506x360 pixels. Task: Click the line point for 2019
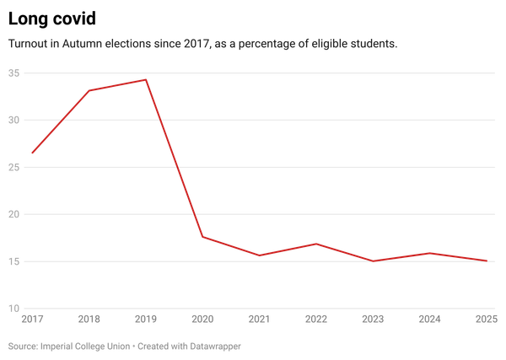click(x=146, y=79)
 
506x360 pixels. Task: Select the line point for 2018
click(x=89, y=90)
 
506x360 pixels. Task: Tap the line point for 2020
click(x=202, y=237)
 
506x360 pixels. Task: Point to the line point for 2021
click(x=260, y=255)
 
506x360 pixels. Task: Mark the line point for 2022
click(x=316, y=244)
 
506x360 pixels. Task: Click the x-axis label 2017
click(x=32, y=320)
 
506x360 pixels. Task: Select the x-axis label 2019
click(x=146, y=320)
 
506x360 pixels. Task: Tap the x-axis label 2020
click(x=202, y=320)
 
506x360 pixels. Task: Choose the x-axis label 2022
click(x=316, y=320)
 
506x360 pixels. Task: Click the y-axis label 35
click(x=14, y=73)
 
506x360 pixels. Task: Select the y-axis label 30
click(x=14, y=120)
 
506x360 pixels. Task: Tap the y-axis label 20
click(x=14, y=214)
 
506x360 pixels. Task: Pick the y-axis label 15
click(x=14, y=261)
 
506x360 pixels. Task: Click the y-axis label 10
click(x=14, y=309)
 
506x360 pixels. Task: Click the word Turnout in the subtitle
click(x=25, y=42)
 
